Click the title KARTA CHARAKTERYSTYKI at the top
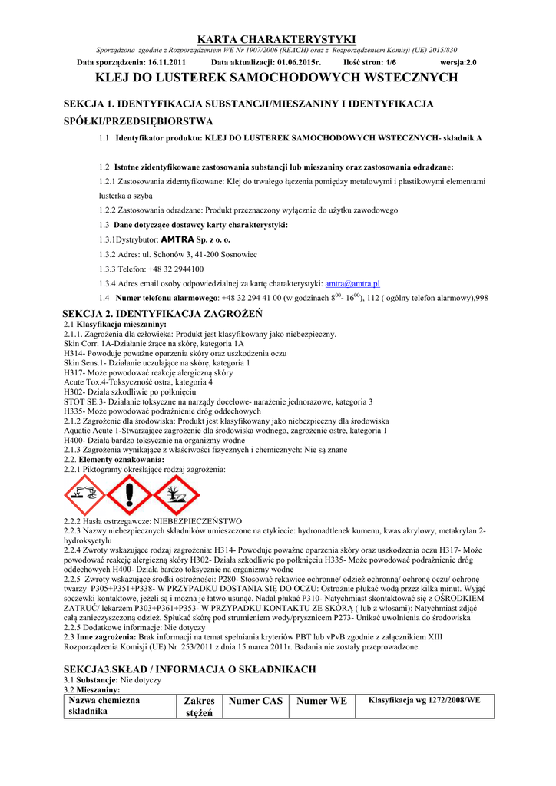pyautogui.click(x=277, y=39)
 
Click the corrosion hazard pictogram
pyautogui.click(x=84, y=494)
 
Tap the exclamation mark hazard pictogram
pyautogui.click(x=129, y=494)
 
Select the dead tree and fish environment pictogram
pyautogui.click(x=176, y=494)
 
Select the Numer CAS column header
pyautogui.click(x=256, y=701)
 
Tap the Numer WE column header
pyautogui.click(x=322, y=701)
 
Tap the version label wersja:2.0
pyautogui.click(x=458, y=62)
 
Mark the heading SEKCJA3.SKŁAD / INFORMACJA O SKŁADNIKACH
pyautogui.click(x=190, y=669)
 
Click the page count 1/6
pyautogui.click(x=391, y=62)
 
